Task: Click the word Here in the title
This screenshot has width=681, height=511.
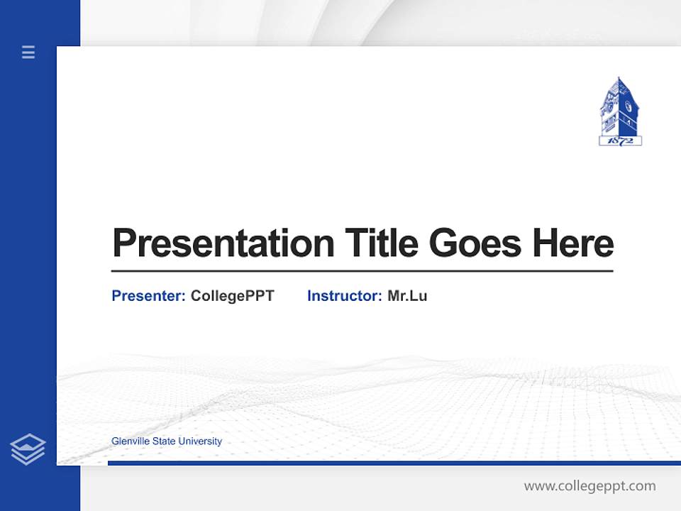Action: pos(572,243)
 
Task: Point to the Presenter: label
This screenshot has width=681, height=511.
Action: pos(148,296)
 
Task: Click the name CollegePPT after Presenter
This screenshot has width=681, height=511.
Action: pos(232,296)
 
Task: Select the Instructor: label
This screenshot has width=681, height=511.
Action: pos(344,296)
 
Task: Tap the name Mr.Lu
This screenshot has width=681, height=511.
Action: pos(407,296)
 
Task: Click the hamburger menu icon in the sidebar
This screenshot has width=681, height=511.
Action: pos(28,52)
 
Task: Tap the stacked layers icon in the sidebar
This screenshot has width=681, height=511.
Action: pos(28,449)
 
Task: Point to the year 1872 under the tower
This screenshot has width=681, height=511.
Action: pos(620,141)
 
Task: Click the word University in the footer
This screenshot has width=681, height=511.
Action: pos(200,441)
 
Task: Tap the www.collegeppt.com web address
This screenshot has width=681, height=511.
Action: pos(589,486)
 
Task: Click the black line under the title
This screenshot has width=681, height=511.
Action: pos(362,271)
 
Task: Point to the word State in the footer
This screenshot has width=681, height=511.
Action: pos(164,441)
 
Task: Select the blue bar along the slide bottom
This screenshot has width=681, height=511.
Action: pos(394,463)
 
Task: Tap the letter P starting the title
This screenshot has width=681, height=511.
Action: pos(123,243)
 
